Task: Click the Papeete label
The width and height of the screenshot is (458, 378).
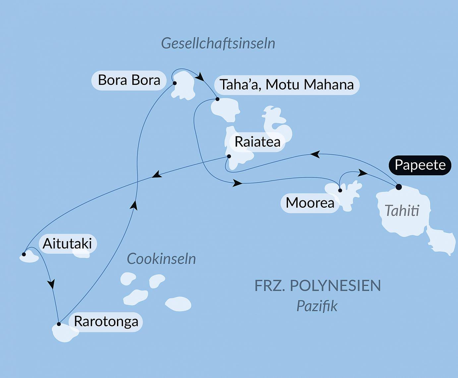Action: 420,165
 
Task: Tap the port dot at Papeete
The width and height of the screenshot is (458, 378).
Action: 399,187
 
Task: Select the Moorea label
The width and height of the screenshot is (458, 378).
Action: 310,203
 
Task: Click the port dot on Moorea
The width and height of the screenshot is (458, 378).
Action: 340,190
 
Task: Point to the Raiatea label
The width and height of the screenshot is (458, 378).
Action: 258,142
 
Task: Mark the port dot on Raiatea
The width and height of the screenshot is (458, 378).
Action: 229,156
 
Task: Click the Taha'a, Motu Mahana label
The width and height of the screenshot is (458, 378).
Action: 287,85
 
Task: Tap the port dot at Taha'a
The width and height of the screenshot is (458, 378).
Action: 217,99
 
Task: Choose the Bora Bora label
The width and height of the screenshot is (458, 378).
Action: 129,80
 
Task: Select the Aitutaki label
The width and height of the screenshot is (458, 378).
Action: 67,244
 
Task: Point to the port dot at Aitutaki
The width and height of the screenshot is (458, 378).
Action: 24,254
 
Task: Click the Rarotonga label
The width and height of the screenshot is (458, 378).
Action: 106,321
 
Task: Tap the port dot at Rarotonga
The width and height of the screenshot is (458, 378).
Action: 59,324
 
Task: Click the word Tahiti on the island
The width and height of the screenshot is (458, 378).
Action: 402,211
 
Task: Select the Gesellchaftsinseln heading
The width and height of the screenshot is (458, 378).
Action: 218,43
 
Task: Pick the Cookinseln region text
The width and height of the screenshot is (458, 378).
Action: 161,259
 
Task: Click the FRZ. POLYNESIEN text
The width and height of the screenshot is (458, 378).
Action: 317,286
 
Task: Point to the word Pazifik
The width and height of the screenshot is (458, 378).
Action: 317,306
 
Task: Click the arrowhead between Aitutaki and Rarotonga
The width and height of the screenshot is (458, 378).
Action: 51,284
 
